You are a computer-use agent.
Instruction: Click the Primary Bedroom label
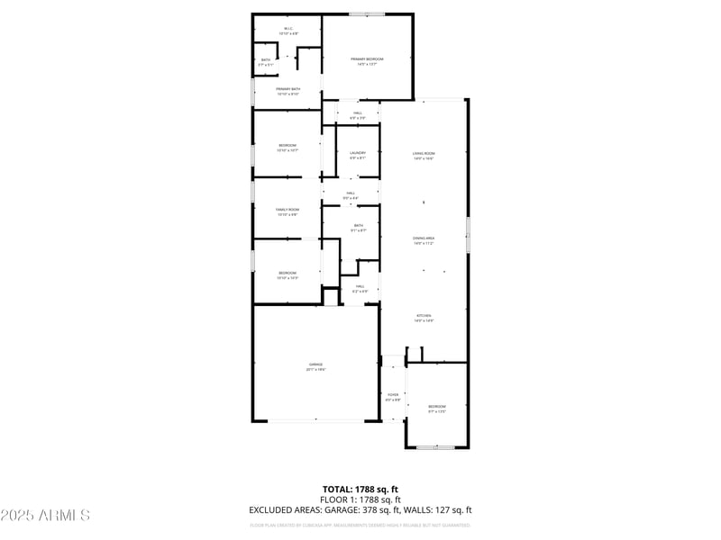click(368, 59)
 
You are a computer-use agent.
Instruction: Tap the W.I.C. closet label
click(288, 30)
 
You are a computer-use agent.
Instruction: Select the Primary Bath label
click(288, 89)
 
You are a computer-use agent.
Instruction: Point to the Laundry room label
click(358, 155)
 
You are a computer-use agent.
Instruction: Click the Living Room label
click(424, 156)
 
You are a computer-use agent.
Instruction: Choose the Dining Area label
click(424, 240)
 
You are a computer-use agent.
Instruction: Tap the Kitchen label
click(424, 318)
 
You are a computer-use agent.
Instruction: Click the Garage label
click(315, 366)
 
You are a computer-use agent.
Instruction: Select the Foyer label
click(393, 397)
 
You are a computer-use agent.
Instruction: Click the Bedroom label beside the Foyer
click(436, 409)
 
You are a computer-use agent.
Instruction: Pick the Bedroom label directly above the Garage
click(287, 274)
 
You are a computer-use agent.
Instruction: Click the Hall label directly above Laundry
click(358, 114)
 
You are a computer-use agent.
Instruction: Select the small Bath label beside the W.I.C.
click(265, 62)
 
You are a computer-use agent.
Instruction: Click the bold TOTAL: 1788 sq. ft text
click(360, 490)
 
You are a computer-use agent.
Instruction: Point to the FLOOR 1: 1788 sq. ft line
click(360, 499)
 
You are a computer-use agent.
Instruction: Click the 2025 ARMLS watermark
click(45, 516)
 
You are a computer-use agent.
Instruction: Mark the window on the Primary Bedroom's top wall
click(368, 13)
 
